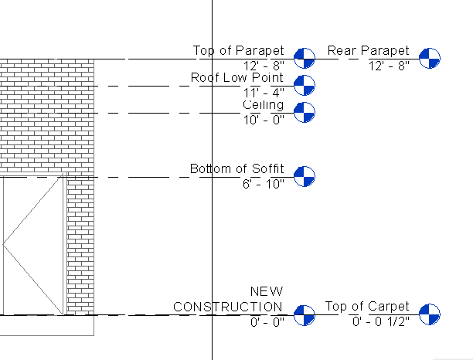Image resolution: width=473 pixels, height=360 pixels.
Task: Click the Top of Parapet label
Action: (x=238, y=51)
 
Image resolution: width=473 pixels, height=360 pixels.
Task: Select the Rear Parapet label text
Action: (x=368, y=51)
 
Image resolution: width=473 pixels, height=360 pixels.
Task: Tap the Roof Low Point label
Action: (x=236, y=78)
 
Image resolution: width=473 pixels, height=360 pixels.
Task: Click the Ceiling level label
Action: (x=263, y=105)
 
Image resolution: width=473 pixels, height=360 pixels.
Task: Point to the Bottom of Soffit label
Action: (x=236, y=168)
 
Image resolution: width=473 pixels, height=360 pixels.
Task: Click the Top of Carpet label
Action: (x=367, y=307)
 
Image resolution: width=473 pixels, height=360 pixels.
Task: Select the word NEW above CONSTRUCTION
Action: (x=267, y=291)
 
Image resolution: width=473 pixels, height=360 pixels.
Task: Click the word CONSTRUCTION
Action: (x=228, y=307)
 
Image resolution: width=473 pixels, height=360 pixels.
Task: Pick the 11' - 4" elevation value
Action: (x=264, y=93)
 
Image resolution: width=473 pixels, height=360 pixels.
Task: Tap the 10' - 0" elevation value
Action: (x=264, y=120)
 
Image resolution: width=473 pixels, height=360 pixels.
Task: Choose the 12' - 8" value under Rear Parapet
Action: (x=390, y=66)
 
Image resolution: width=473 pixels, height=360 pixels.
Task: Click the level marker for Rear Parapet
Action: (x=430, y=57)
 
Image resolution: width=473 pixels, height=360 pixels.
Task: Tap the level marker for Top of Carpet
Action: (x=430, y=314)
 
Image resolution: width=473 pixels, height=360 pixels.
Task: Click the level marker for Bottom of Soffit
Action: (x=305, y=176)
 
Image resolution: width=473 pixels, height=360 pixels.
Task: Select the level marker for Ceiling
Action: (x=305, y=113)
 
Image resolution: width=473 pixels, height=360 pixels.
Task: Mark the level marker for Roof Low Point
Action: (x=305, y=86)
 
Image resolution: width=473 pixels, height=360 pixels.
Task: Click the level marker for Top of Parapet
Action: (x=305, y=57)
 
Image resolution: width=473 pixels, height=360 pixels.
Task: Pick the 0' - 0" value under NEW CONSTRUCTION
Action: (x=267, y=321)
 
